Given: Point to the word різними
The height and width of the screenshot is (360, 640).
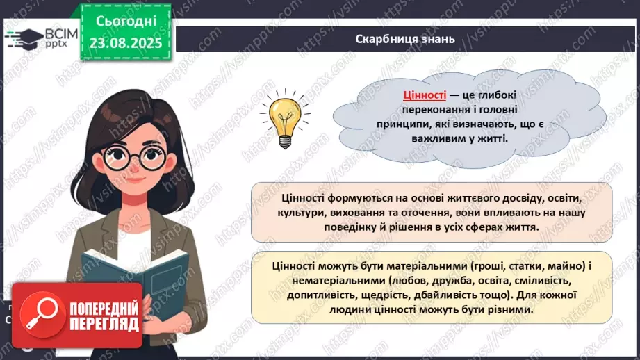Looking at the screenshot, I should (511, 311).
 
